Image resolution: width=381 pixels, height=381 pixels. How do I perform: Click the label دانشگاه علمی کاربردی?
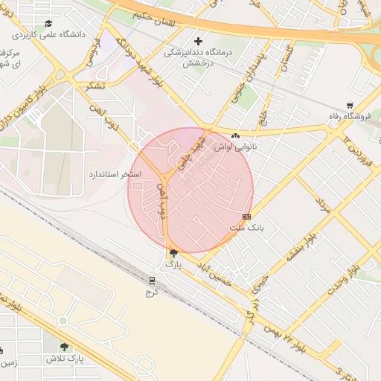tap(57, 34)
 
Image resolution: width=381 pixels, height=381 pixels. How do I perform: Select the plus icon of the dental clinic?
tap(198, 42)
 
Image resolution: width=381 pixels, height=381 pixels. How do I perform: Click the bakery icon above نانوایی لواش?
tap(236, 136)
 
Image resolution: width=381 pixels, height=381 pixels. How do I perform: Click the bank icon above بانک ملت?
tap(246, 216)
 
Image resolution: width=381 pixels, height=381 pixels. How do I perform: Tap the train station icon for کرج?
tap(153, 281)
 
